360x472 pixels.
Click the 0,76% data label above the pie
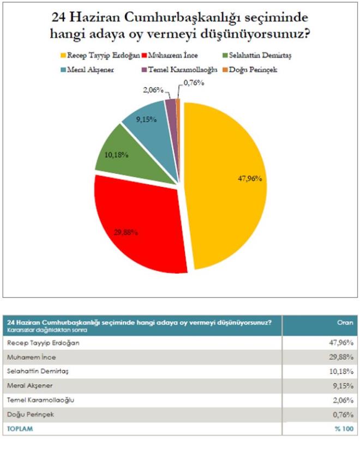click(x=194, y=83)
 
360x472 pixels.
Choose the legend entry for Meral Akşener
click(x=86, y=70)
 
